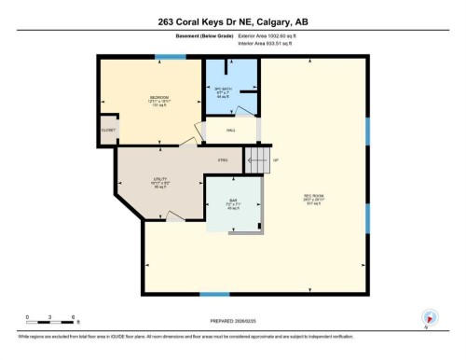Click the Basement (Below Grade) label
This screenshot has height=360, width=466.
coord(185,38)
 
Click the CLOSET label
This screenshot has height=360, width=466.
coord(109,130)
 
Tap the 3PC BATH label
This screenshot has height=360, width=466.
coord(223,90)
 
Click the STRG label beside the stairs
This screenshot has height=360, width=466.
coord(224,160)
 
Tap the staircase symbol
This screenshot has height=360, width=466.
coord(255,159)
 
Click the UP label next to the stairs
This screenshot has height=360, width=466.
coord(276,160)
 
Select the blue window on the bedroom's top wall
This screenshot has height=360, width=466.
coord(171,58)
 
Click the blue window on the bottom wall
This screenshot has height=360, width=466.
coord(214,295)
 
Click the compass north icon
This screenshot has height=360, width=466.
coord(430,317)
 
